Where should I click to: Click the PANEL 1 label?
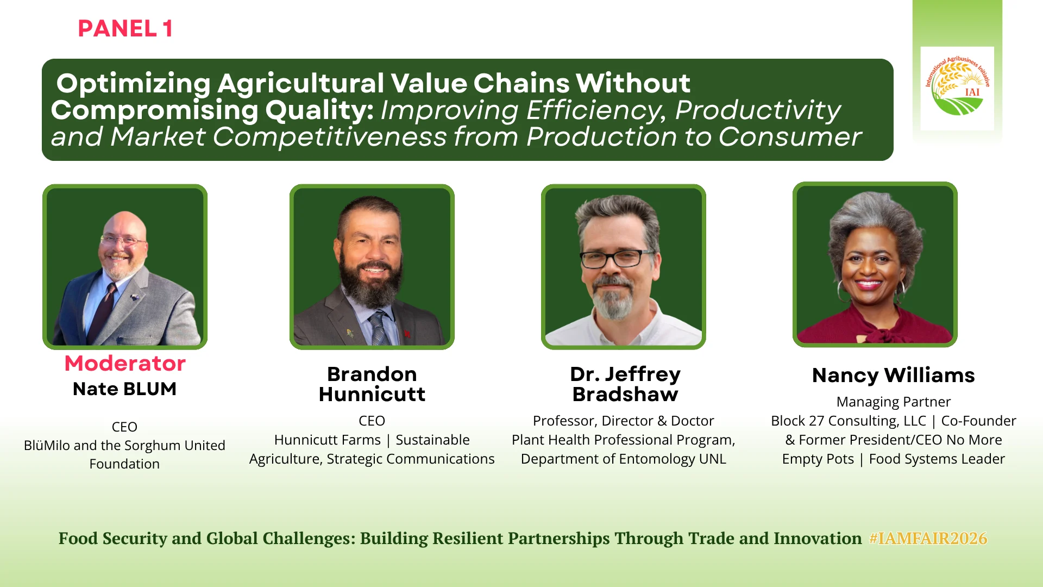pos(125,29)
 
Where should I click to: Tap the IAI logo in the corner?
pos(957,87)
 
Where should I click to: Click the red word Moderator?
pos(125,363)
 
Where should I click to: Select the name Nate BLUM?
pos(124,389)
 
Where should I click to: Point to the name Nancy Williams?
pos(893,376)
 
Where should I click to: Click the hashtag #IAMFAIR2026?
pos(928,538)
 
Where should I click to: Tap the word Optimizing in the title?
pos(134,84)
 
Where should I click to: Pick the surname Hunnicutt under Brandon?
pos(372,395)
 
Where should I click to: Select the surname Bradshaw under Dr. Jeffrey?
pos(625,395)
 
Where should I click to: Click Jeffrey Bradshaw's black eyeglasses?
pos(618,259)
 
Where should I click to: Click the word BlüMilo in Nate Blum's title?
pos(47,446)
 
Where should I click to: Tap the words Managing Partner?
pos(894,402)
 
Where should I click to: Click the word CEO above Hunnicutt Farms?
pos(372,421)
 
